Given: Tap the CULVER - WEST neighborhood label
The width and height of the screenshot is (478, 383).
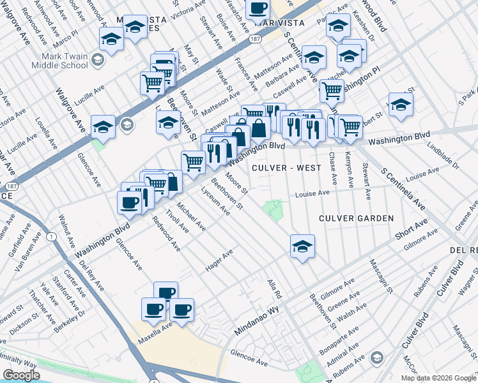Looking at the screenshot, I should (x=286, y=168).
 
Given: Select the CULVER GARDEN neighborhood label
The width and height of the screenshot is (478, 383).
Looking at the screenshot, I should (x=357, y=218).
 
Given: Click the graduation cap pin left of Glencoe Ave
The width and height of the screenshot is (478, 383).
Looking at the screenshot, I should (x=103, y=126).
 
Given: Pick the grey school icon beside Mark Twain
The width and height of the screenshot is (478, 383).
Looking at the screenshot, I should (x=98, y=60).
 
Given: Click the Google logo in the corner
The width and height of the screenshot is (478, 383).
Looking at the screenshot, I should (x=21, y=375).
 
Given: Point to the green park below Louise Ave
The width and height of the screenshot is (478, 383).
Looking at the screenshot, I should (x=274, y=209).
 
